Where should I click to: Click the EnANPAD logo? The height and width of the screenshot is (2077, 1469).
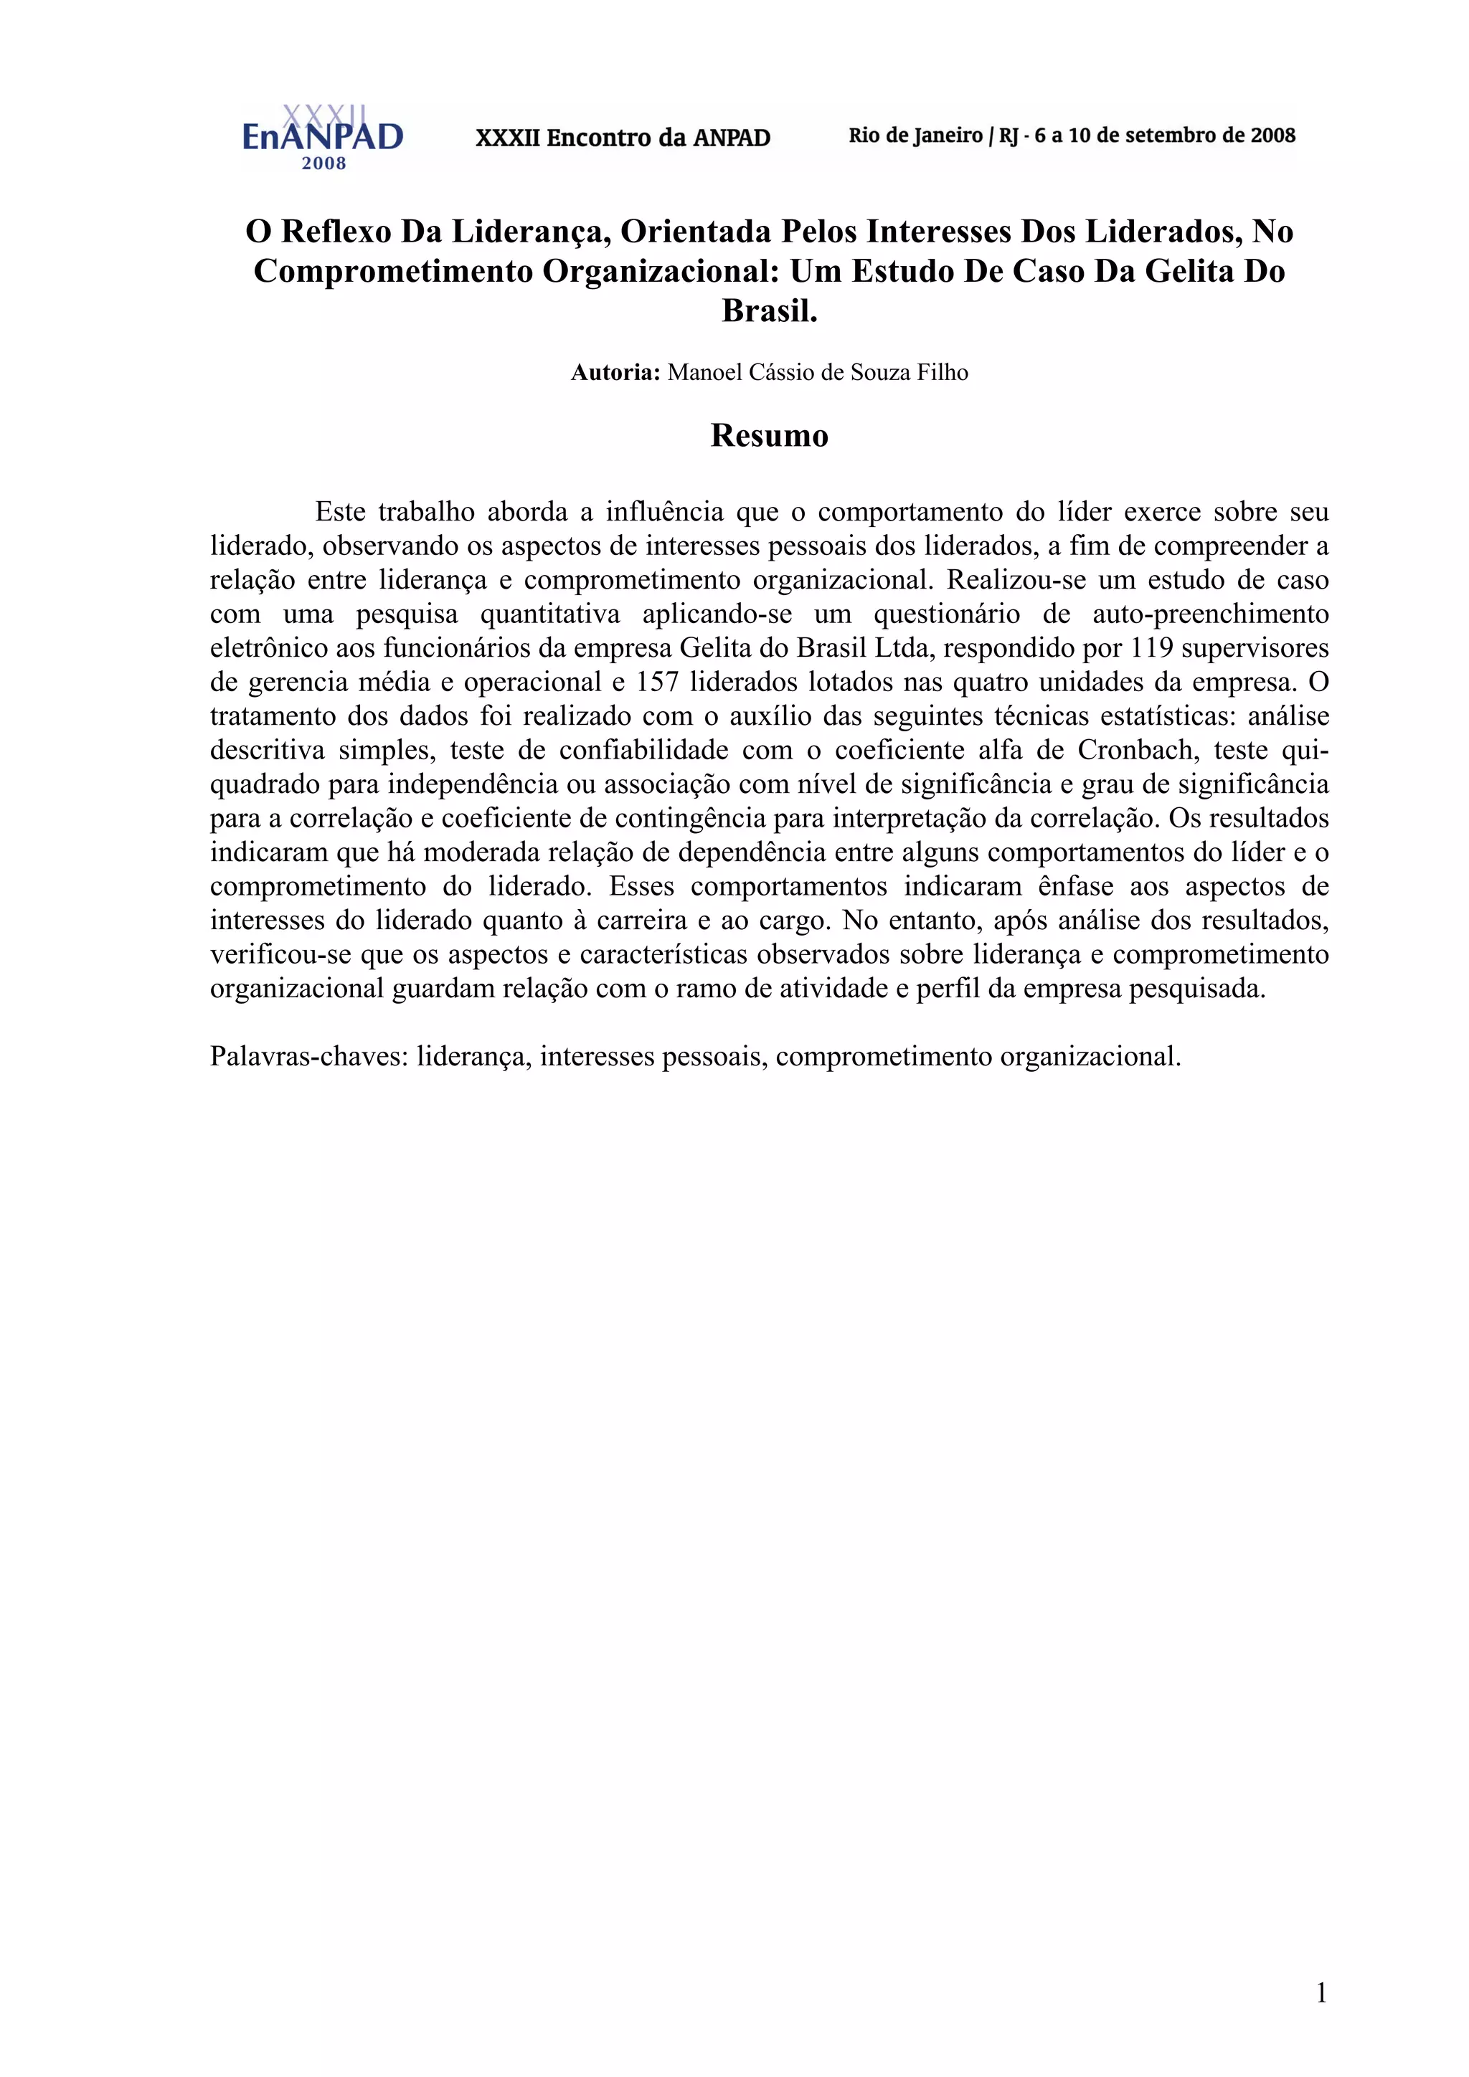coord(322,134)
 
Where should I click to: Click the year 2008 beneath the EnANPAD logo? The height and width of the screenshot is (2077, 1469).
coord(324,163)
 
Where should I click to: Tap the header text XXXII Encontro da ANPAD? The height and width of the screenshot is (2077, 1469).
coord(623,138)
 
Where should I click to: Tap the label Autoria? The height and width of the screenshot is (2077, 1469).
coord(615,373)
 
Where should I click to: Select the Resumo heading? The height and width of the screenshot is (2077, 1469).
coord(770,435)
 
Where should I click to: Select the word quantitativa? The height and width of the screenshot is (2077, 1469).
coord(549,614)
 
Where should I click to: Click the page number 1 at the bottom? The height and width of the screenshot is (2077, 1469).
coord(1321,1992)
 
